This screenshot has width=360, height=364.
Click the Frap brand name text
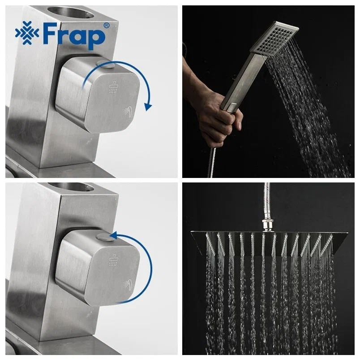[74, 35]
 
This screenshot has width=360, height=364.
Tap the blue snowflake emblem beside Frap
[27, 33]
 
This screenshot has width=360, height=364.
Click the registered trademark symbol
[106, 26]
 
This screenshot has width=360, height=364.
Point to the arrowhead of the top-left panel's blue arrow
[148, 107]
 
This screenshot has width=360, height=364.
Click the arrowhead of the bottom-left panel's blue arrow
[113, 235]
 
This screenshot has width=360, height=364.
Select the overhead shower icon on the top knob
[113, 87]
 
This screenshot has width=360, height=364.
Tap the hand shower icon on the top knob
[128, 111]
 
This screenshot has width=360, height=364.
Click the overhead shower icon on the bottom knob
[113, 260]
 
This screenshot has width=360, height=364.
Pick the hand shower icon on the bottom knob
[128, 284]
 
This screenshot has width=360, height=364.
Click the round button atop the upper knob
[106, 64]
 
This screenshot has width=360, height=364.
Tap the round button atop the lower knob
[105, 237]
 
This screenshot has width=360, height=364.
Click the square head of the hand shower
[274, 37]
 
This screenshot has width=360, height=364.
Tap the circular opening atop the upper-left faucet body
[70, 12]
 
